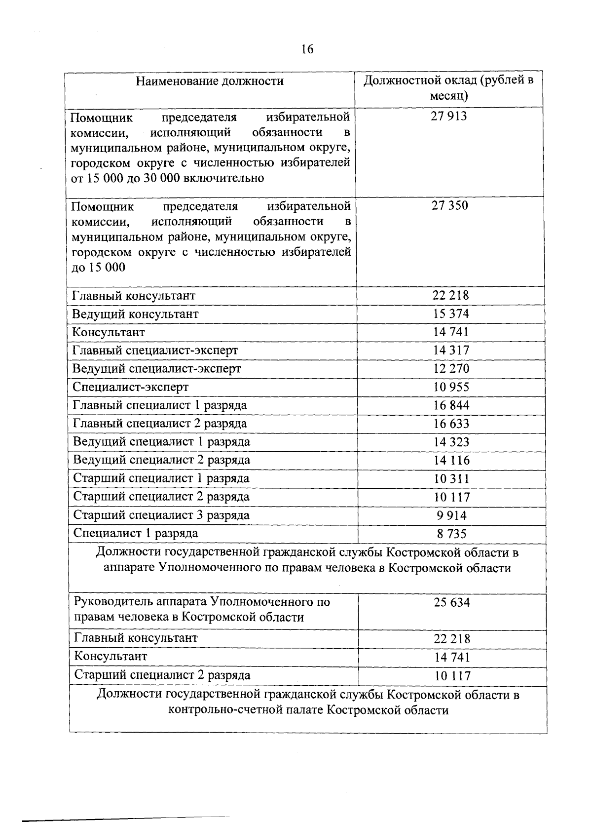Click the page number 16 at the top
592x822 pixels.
point(306,49)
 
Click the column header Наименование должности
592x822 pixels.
point(210,81)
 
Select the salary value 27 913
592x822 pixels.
point(449,117)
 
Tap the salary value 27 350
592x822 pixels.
point(449,206)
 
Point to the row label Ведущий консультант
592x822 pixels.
point(135,314)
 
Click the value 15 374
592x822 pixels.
point(451,314)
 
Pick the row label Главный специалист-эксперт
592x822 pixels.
point(155,351)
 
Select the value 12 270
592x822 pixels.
point(451,369)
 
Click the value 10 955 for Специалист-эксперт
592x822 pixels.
point(451,387)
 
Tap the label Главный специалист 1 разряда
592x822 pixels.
point(160,405)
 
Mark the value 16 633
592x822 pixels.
point(451,424)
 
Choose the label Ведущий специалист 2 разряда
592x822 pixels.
point(161,460)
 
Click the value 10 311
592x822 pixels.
point(451,479)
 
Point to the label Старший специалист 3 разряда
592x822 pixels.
point(161,515)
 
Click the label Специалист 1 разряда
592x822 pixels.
point(136,533)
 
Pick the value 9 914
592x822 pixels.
point(451,516)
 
